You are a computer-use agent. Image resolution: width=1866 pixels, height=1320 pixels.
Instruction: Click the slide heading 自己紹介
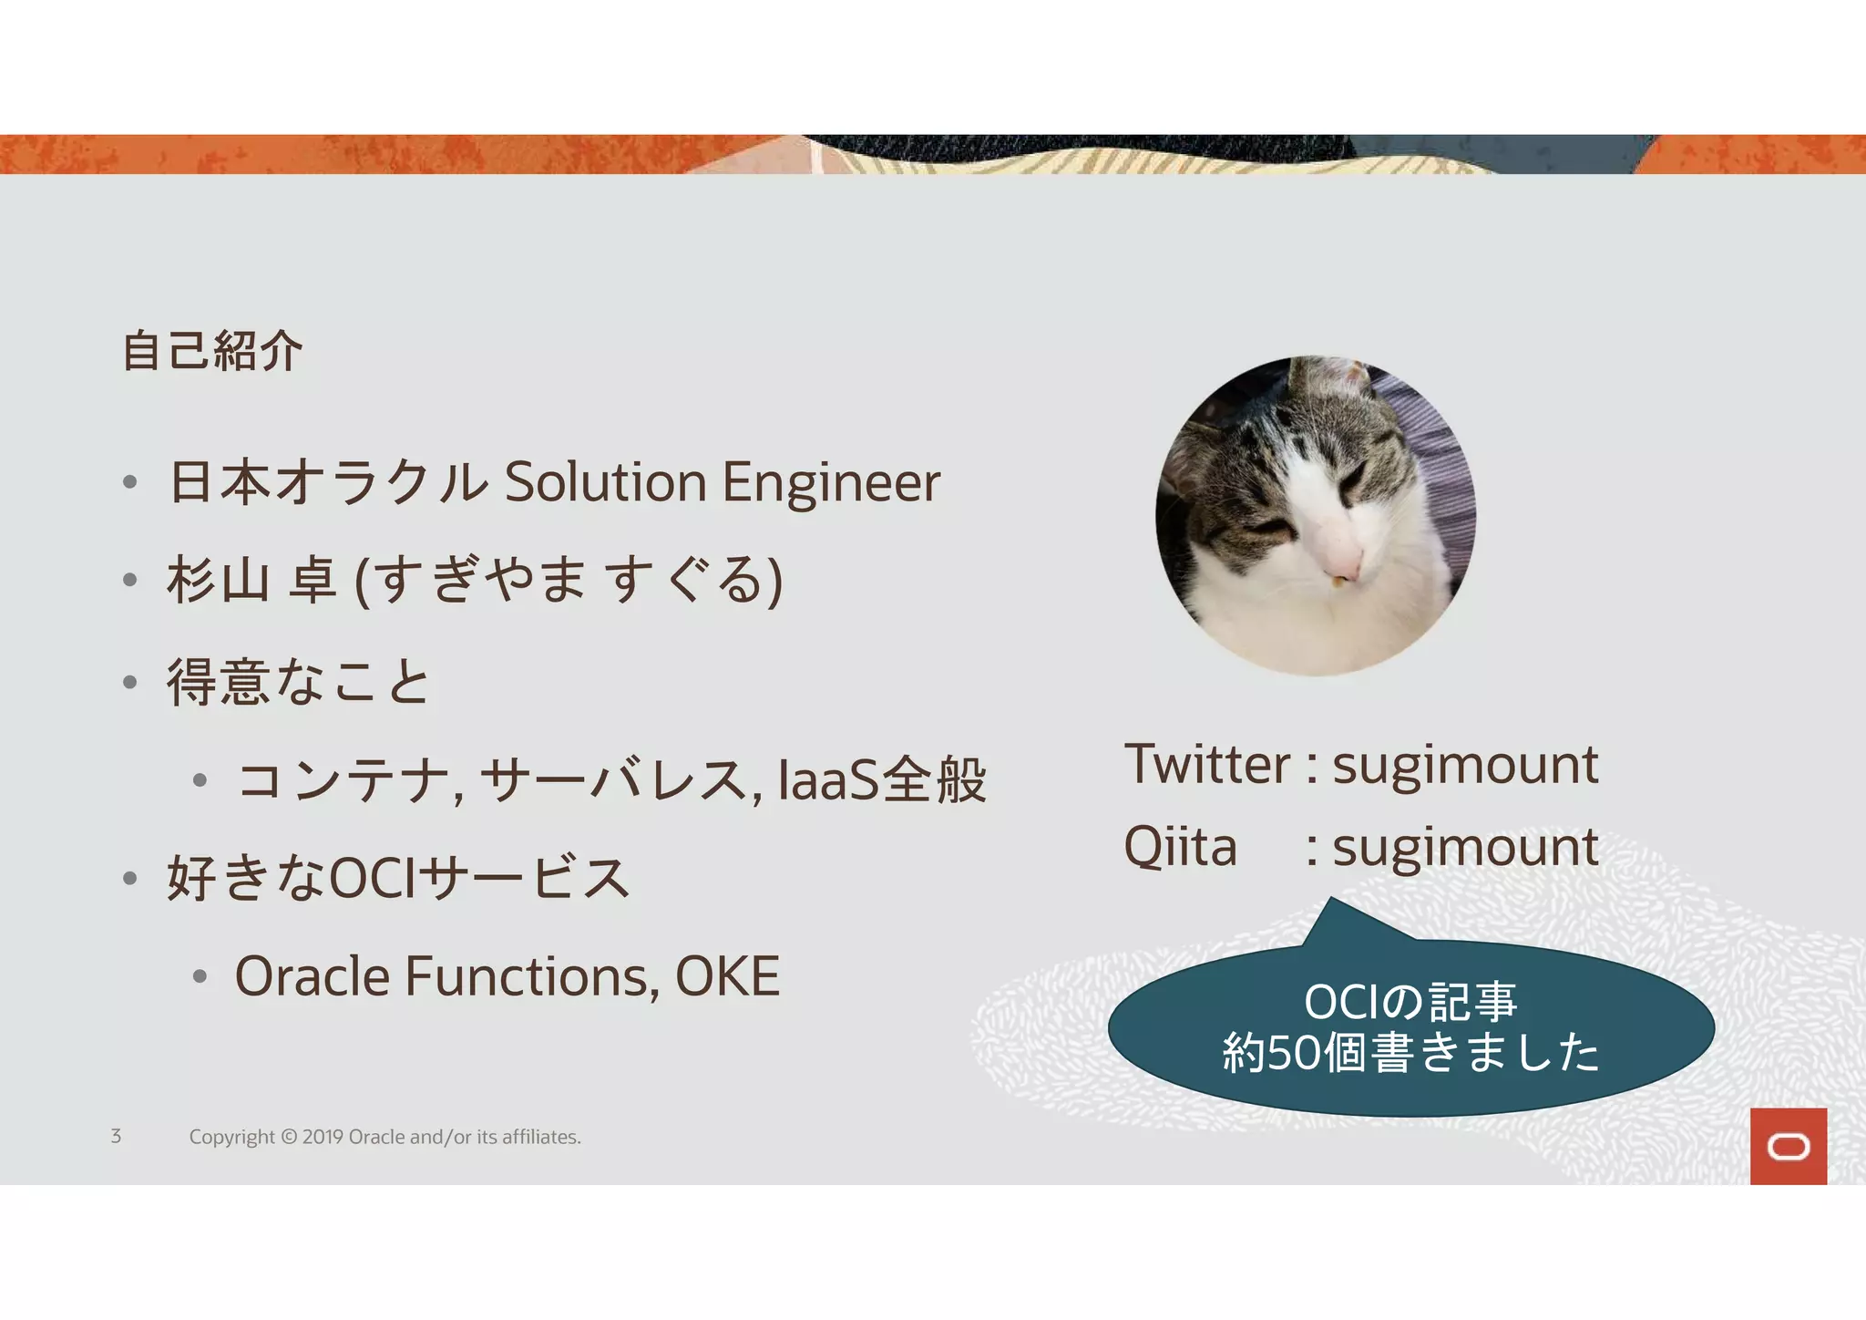click(x=211, y=351)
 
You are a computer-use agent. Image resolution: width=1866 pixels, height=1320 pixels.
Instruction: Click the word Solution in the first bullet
click(x=605, y=482)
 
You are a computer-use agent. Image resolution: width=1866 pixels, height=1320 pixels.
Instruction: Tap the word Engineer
click(x=831, y=482)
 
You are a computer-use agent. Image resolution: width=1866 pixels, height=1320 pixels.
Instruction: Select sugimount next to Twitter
click(x=1465, y=766)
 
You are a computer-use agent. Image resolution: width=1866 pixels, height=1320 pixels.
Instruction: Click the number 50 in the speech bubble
click(x=1294, y=1052)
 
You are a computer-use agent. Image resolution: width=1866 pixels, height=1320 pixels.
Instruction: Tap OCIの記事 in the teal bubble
click(x=1410, y=1002)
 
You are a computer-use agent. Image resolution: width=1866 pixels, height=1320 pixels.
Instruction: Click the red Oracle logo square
click(x=1788, y=1146)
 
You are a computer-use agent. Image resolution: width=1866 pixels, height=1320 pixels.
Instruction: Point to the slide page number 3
click(x=116, y=1136)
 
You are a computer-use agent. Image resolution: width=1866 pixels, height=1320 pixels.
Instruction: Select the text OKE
click(x=727, y=977)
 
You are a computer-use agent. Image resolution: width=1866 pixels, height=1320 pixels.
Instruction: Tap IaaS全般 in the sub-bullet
click(x=882, y=780)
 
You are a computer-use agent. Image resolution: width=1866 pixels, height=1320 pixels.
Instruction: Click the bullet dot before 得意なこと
click(x=130, y=682)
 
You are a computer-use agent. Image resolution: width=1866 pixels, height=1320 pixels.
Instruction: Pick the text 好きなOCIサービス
click(x=398, y=879)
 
